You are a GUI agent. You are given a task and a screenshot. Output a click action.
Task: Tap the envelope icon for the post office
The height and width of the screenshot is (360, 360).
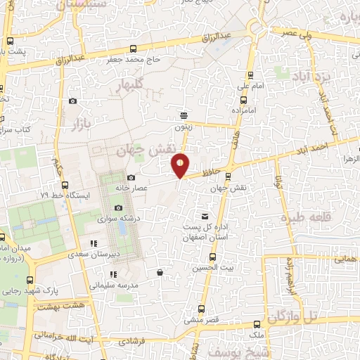205,217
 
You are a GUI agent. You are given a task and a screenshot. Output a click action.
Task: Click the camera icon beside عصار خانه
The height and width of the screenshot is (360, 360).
131,178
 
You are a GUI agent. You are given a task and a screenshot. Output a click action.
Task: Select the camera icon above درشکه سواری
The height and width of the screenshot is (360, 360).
118,207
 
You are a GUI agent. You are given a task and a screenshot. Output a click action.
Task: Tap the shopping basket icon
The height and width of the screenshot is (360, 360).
160,272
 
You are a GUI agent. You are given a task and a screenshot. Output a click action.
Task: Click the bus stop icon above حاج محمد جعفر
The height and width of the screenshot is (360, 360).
134,49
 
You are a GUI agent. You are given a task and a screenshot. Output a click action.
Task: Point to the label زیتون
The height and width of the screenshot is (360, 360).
184,127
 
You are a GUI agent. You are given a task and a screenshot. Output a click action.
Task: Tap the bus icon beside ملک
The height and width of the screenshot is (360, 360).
256,325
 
